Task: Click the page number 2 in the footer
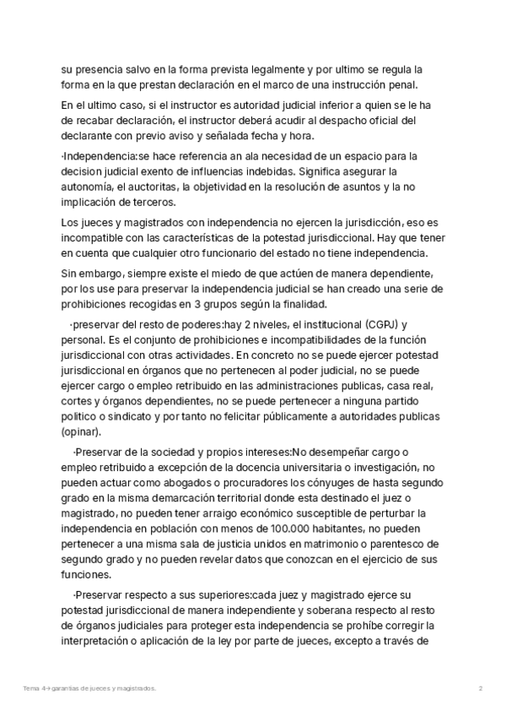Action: tap(480, 688)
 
